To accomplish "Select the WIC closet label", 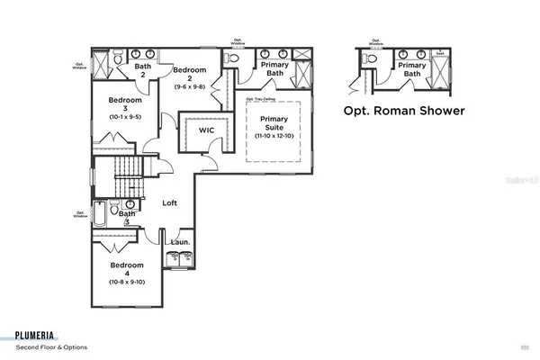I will coord(206,129).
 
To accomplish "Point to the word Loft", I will coord(169,203).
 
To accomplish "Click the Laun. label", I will coord(178,242).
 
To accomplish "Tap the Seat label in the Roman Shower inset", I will coord(440,53).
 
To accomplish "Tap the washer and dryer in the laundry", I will coord(180,258).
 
